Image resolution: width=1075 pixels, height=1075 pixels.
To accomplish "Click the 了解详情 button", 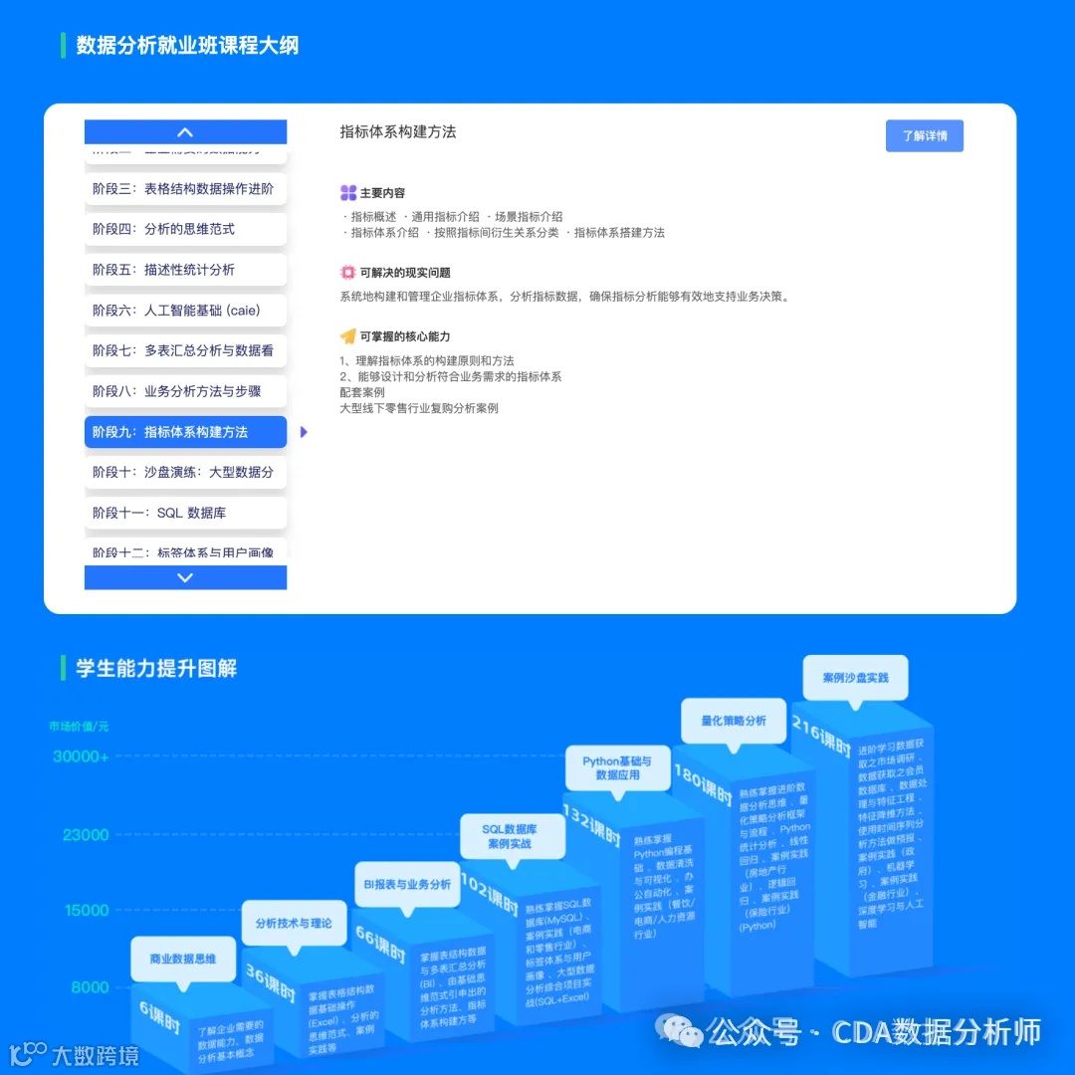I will pos(924,135).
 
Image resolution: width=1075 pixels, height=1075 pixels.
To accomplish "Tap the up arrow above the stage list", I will pos(185,132).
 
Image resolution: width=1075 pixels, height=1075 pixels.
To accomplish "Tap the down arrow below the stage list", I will pos(185,577).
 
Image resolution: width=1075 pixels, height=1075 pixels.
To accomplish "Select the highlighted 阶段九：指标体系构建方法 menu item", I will pos(185,432).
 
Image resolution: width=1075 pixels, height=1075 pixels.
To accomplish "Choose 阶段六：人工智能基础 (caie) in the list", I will pos(185,310).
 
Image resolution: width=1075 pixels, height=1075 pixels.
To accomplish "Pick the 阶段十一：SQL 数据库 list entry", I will pos(185,513).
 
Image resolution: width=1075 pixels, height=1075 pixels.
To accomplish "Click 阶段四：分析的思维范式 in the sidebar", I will pos(185,229).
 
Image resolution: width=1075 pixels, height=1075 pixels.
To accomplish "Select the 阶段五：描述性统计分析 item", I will pos(185,270).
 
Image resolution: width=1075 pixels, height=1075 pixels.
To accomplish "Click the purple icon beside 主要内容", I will pos(347,193).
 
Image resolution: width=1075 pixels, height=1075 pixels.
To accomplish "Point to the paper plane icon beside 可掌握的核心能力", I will pos(347,336).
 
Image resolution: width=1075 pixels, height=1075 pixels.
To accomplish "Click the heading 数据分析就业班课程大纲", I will pos(187,46).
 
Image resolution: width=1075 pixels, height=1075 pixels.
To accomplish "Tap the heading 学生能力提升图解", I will pos(156,668).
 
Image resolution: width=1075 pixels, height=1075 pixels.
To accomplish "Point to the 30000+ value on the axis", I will pos(81,756).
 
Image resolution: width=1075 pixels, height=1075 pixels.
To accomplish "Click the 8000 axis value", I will pos(90,987).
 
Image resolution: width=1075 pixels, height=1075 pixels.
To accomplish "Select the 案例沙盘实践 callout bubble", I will pos(855,678).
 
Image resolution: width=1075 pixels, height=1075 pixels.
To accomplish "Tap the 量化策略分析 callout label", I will pos(734,721).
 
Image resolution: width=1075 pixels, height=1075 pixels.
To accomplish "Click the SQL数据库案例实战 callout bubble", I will pos(509,835).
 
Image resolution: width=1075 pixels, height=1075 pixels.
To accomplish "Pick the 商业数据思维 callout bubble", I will pos(182,959).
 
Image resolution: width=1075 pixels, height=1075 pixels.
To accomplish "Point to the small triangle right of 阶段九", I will pos(304,432).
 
